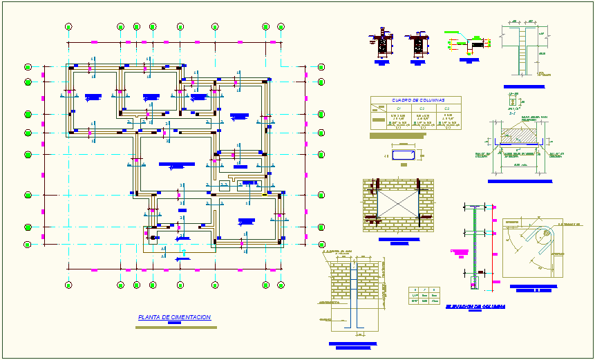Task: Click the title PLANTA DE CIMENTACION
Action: [174, 317]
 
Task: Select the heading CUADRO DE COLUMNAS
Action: [418, 100]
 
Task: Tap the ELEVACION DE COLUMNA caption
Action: [475, 305]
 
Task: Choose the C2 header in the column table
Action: [423, 108]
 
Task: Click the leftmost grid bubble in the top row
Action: [68, 27]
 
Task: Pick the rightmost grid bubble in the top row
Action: [281, 27]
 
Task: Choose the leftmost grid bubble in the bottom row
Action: [68, 284]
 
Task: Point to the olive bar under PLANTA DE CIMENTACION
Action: [176, 327]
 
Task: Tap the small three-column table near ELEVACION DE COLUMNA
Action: [424, 295]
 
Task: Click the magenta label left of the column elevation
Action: [459, 252]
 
